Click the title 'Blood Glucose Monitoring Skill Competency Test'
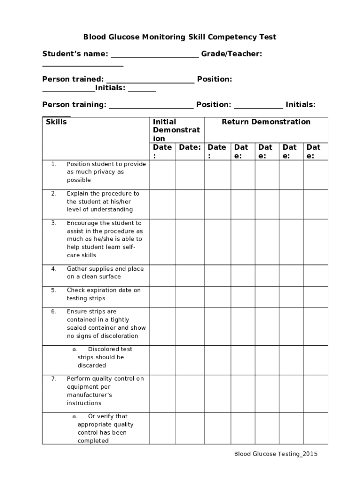click(x=180, y=37)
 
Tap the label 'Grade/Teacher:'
click(x=231, y=54)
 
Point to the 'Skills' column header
click(x=56, y=122)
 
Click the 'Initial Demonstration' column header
click(x=176, y=130)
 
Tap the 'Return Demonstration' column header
click(x=266, y=122)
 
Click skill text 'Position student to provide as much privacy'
click(x=106, y=172)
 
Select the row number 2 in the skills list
click(x=54, y=194)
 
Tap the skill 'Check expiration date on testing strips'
click(x=104, y=294)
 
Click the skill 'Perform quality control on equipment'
click(x=105, y=391)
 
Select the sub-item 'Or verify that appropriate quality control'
click(x=105, y=428)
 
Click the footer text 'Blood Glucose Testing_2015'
click(x=276, y=454)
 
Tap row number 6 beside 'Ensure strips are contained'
click(x=54, y=312)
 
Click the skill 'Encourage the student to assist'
click(x=105, y=239)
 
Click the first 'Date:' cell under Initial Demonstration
click(x=162, y=151)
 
